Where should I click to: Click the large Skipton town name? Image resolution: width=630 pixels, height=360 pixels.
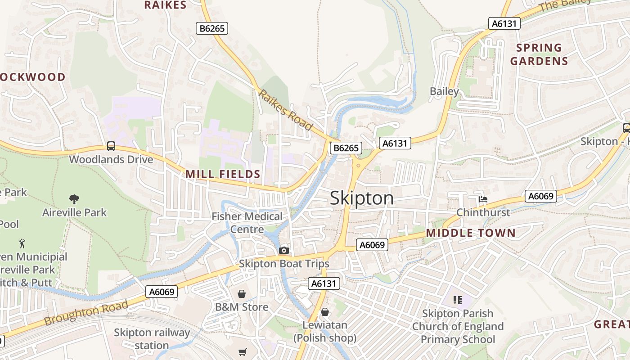(362, 198)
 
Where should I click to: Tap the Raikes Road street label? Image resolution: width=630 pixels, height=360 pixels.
(285, 110)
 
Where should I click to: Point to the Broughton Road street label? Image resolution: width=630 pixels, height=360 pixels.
(86, 313)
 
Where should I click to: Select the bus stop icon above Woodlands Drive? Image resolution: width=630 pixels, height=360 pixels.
(111, 146)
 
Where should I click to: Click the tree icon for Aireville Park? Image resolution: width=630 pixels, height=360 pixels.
(74, 199)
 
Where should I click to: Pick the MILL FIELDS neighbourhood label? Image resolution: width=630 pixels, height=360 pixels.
(223, 174)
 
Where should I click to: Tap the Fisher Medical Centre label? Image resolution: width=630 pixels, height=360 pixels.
(247, 223)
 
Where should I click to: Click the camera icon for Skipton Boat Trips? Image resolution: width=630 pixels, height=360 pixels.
(283, 250)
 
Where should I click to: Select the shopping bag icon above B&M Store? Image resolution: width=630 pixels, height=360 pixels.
(242, 294)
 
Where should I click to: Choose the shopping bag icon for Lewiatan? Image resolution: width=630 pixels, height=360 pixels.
(325, 311)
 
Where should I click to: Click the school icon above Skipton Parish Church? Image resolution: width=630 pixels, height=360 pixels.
(458, 300)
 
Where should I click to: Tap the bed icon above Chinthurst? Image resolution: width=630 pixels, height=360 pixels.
(483, 199)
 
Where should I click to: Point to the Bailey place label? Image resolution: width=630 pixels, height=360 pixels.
(444, 91)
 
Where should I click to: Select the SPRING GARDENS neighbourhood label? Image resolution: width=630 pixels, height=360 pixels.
(539, 54)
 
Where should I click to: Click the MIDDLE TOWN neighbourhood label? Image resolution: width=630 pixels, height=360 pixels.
(470, 233)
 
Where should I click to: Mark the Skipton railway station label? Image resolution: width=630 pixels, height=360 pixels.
(152, 339)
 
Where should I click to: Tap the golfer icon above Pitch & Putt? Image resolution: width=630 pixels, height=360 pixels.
(22, 243)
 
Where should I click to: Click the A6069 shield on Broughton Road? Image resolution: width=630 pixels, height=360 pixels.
(162, 292)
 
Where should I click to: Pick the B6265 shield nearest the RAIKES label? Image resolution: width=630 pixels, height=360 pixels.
(212, 28)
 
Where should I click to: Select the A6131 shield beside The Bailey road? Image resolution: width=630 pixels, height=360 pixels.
(504, 23)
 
